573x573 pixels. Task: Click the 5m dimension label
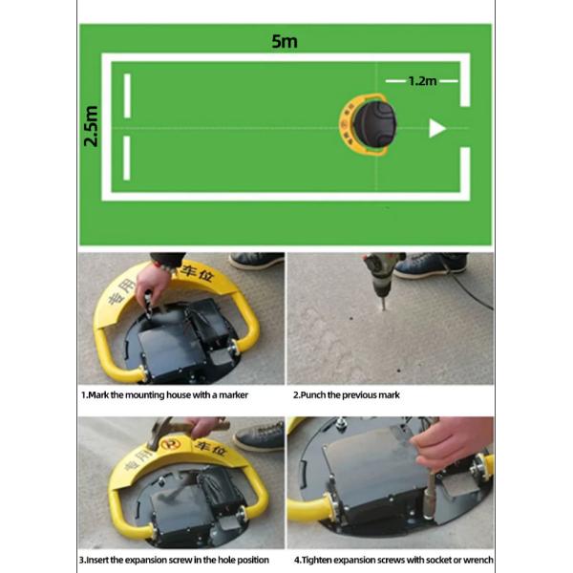(x=285, y=42)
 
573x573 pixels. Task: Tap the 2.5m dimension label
(x=91, y=126)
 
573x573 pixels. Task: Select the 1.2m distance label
(x=422, y=81)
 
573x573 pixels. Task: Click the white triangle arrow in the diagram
(x=437, y=128)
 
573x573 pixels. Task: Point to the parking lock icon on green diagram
(x=368, y=124)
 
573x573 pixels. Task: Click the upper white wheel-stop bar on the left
(x=127, y=95)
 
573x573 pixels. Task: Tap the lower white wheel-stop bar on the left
(x=127, y=158)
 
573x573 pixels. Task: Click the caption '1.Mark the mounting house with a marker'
(x=164, y=395)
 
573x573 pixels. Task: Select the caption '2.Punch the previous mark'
(x=346, y=395)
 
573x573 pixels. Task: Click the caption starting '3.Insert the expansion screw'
(x=174, y=560)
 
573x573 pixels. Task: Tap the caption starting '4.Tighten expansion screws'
(x=393, y=560)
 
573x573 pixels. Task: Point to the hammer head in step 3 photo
(x=158, y=435)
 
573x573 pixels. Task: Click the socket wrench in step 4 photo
(x=430, y=494)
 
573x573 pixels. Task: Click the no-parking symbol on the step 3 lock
(x=171, y=444)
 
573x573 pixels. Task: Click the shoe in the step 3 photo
(x=259, y=436)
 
